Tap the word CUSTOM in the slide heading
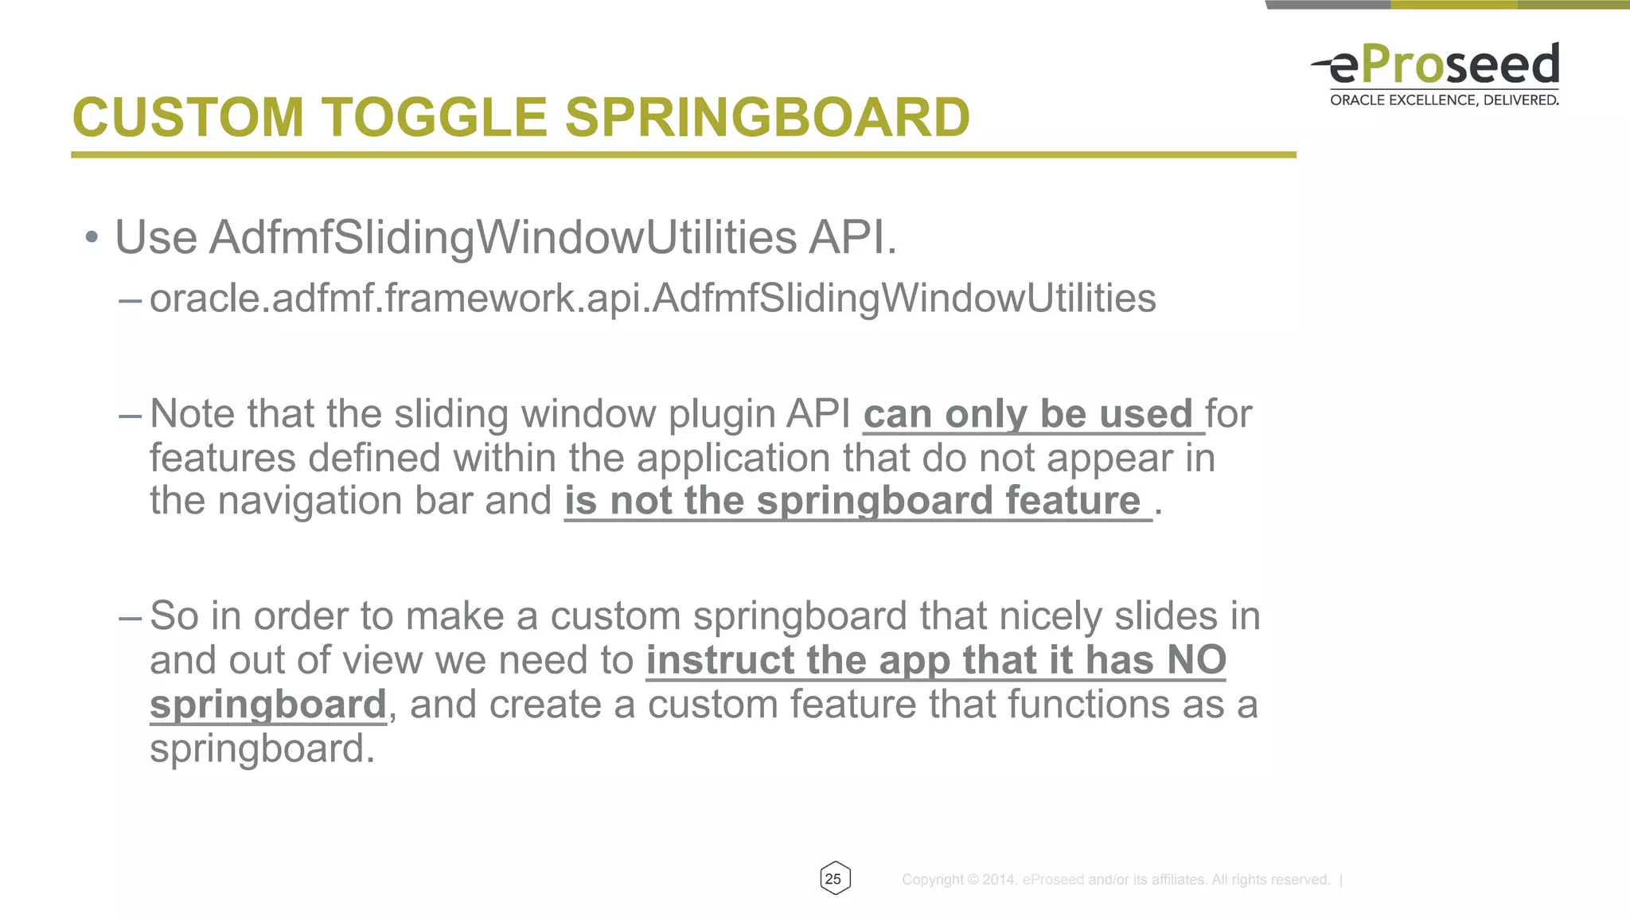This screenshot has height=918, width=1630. coord(188,117)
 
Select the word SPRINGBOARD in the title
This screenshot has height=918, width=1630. coord(767,117)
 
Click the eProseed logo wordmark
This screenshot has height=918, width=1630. coord(1444,64)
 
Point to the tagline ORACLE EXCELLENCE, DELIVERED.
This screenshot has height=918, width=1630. coord(1444,100)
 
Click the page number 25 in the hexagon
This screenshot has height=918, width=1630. coord(833,879)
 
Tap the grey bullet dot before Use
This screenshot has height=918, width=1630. coord(92,237)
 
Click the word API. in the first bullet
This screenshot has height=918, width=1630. coord(852,237)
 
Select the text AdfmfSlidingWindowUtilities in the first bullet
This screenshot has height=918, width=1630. coord(503,237)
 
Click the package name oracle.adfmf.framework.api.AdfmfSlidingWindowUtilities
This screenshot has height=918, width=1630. coord(653,299)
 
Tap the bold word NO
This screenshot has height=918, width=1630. coord(1196,660)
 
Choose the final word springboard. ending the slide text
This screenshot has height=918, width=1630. coord(262,749)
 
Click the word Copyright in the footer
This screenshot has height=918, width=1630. coord(933,880)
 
